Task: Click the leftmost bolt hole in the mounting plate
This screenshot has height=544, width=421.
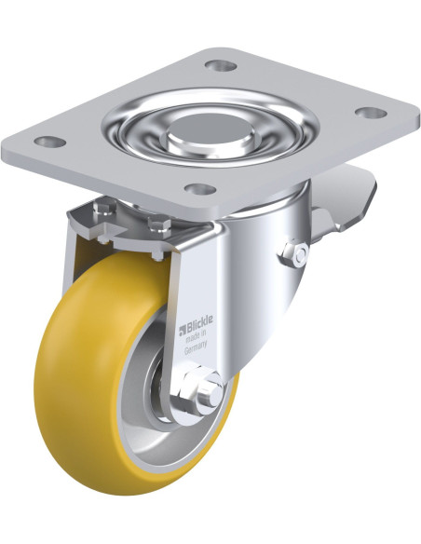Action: click(50, 142)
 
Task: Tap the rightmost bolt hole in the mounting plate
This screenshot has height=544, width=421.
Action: click(371, 113)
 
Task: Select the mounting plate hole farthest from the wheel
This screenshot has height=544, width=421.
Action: click(221, 65)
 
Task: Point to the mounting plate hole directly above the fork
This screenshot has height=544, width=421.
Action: click(200, 189)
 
